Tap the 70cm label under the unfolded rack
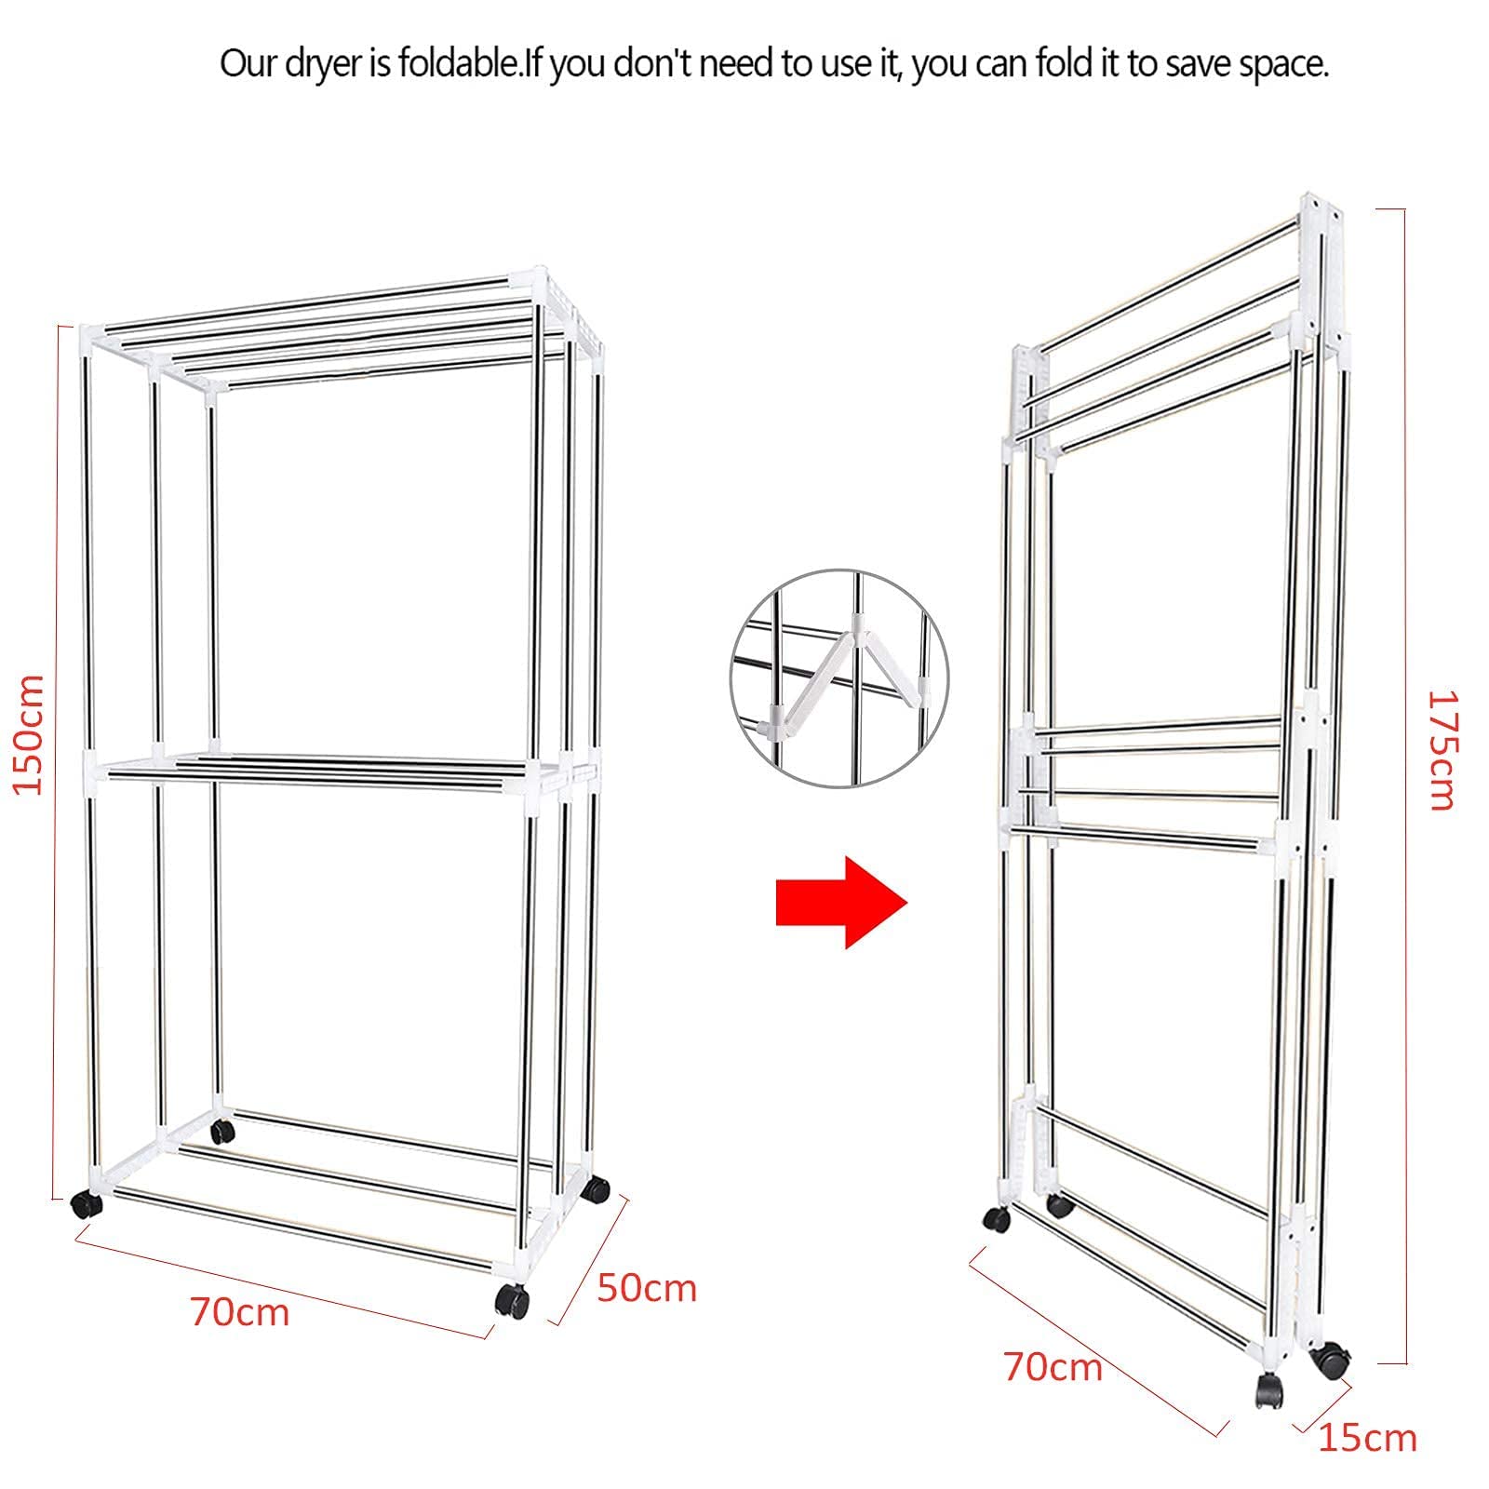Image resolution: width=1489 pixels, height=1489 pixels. click(240, 1312)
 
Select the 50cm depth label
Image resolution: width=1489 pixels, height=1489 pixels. click(647, 1287)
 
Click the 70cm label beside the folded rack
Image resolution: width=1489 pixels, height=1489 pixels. click(1053, 1367)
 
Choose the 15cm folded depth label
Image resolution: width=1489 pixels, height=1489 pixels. click(1367, 1438)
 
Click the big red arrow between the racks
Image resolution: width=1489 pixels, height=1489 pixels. click(841, 902)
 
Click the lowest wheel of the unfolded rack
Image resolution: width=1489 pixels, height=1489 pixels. click(511, 1299)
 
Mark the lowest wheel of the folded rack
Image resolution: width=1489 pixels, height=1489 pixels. click(1270, 1390)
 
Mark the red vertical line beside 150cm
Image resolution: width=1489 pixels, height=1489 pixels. click(60, 762)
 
